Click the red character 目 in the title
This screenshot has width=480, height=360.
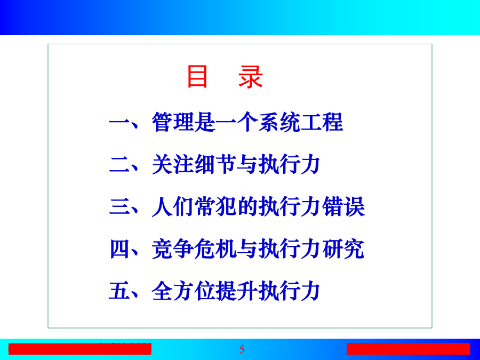[x=197, y=76]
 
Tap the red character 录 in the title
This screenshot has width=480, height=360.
[x=251, y=76]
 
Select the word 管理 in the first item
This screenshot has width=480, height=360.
[x=173, y=122]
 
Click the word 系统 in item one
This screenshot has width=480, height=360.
[x=279, y=122]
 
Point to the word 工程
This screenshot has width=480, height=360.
[x=322, y=122]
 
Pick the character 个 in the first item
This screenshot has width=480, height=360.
[x=247, y=122]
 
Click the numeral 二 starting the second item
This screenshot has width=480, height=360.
[x=119, y=164]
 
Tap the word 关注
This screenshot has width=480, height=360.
[x=173, y=164]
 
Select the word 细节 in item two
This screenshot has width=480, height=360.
[x=215, y=164]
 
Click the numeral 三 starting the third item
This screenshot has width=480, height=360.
[x=119, y=206]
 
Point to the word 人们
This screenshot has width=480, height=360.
[x=173, y=206]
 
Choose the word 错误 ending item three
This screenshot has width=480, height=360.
[x=343, y=206]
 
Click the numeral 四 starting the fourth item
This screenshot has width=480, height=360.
[x=119, y=249]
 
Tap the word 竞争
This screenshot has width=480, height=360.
[x=173, y=249]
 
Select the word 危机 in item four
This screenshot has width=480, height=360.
[x=215, y=249]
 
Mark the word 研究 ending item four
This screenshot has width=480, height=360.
[x=343, y=249]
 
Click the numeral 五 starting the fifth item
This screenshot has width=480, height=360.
[x=119, y=291]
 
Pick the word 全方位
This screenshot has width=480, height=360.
[x=183, y=291]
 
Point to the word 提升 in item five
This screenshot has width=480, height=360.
[x=237, y=291]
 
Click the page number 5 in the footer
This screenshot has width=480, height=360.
[x=242, y=349]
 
